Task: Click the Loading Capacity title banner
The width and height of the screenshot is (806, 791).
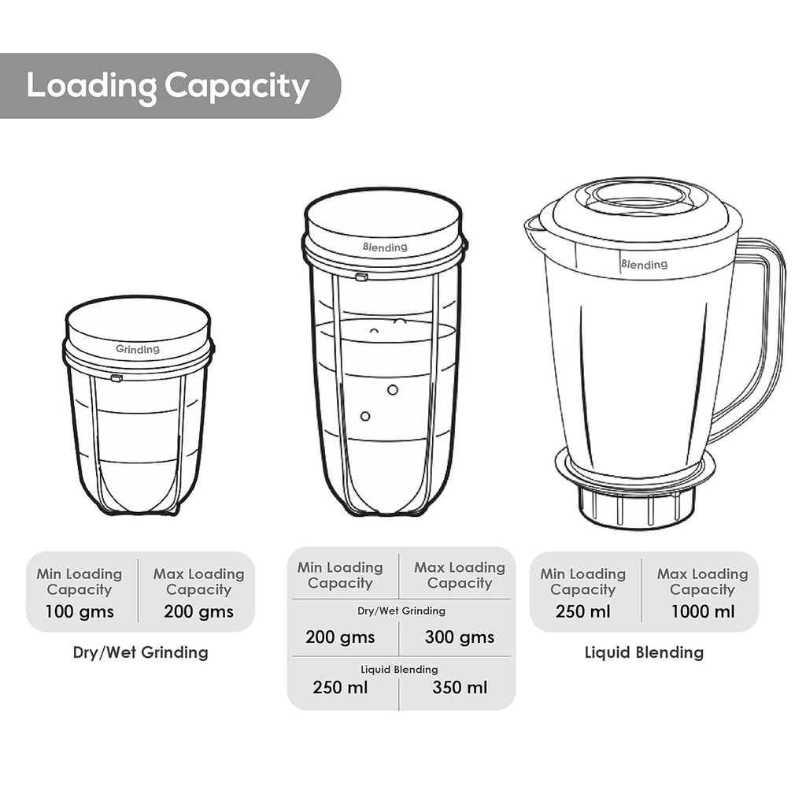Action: (x=170, y=86)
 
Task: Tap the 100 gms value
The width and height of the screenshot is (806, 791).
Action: (x=79, y=611)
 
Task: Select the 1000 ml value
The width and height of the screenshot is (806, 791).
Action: (x=703, y=611)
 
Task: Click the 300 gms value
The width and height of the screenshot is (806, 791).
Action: (x=460, y=637)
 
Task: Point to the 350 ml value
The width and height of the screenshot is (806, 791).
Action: (x=460, y=687)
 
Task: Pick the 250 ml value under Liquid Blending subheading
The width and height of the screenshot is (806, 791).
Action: (x=340, y=687)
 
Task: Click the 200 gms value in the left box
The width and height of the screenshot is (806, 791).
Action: (x=198, y=611)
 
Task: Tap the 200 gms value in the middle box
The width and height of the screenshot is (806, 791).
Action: (x=340, y=637)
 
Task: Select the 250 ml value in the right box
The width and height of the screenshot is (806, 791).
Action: (x=583, y=611)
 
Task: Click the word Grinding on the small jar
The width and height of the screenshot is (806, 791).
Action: (x=137, y=349)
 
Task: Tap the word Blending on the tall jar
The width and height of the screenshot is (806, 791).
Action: (x=385, y=247)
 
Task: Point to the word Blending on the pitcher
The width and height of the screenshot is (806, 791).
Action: (x=644, y=265)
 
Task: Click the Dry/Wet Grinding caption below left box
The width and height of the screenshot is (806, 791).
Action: (x=140, y=652)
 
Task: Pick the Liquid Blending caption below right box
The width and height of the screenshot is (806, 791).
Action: (x=644, y=652)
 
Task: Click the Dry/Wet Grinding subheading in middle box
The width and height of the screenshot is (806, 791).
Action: (x=401, y=611)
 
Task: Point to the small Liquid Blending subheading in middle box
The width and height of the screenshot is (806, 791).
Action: (x=399, y=670)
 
